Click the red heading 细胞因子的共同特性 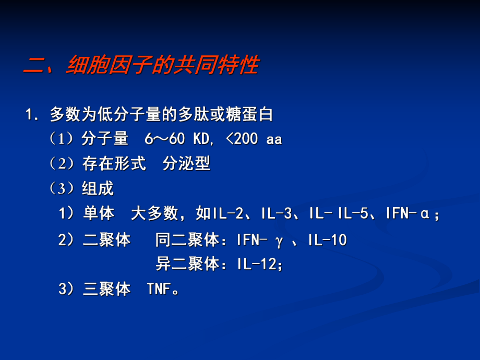click(162, 66)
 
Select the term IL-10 click(327, 241)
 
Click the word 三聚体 click(106, 290)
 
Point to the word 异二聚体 click(187, 265)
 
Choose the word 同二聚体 click(187, 241)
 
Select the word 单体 click(99, 213)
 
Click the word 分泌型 click(186, 164)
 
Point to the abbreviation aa click(274, 139)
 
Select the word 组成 click(98, 188)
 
